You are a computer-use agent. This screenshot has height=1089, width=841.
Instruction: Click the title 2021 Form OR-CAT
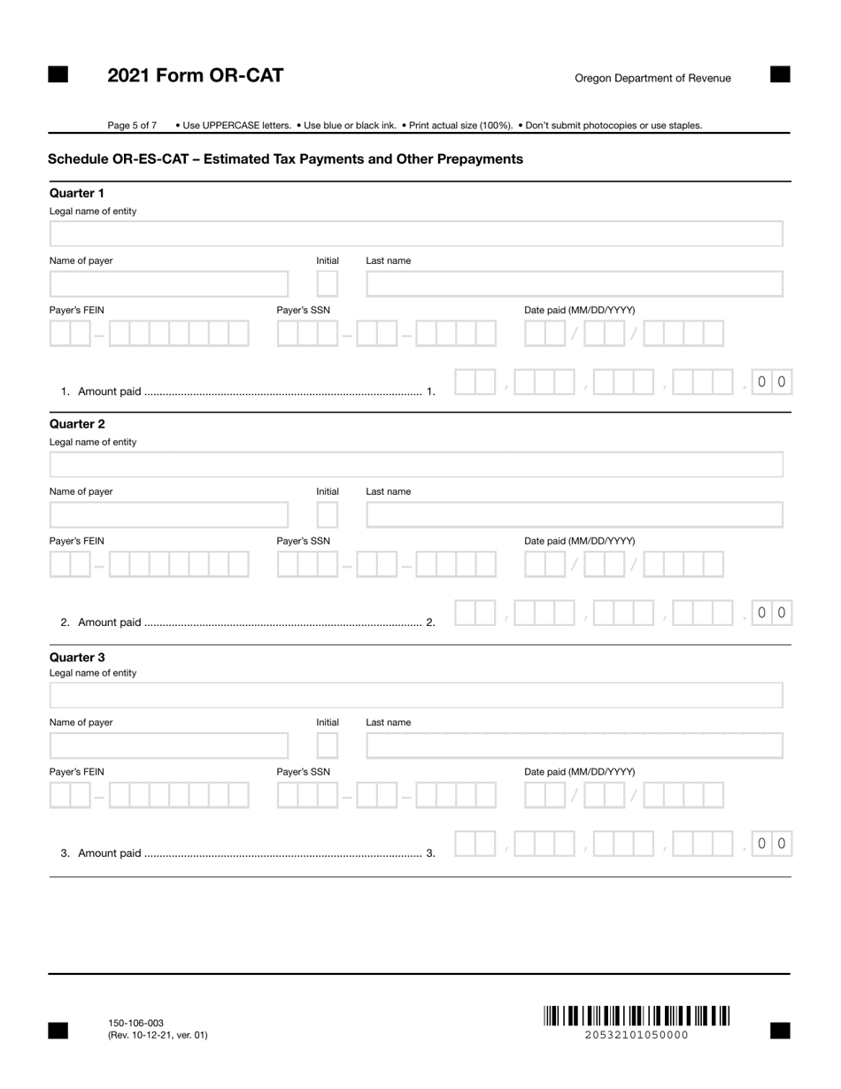coord(196,76)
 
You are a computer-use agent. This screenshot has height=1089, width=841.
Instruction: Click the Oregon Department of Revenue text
coord(652,78)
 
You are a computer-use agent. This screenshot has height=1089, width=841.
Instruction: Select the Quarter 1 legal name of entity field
coord(416,234)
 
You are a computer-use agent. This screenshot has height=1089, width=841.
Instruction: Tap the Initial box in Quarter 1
coord(328,284)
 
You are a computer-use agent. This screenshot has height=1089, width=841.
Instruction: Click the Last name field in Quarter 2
coord(574,514)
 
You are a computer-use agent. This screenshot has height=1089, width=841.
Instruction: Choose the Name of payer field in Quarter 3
coord(169,745)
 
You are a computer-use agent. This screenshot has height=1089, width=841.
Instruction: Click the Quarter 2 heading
coord(77,424)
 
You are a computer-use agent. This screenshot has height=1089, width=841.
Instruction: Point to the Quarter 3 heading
coord(77,657)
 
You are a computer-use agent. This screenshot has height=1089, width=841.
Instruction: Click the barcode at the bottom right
coord(637,1016)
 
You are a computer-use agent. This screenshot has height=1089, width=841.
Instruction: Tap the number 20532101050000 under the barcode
coord(637,1035)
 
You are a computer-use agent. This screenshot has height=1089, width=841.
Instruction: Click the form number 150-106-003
coord(135,1023)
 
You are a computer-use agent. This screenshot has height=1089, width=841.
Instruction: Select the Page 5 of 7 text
coord(132,126)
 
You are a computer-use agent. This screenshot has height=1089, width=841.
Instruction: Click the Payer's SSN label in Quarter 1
coord(303,310)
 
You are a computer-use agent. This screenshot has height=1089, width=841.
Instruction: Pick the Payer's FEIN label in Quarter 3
coord(76,772)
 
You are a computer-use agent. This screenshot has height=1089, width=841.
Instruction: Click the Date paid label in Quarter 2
coord(579,541)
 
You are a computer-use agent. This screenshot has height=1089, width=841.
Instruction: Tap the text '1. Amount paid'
coord(101,391)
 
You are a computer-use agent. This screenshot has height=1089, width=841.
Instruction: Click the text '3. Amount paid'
coord(101,853)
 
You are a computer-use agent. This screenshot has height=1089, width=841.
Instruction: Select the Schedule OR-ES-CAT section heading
coord(285,159)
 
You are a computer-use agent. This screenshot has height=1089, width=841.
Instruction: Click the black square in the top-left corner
coord(58,75)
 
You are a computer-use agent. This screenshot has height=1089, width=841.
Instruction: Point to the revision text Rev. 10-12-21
coord(158,1035)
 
